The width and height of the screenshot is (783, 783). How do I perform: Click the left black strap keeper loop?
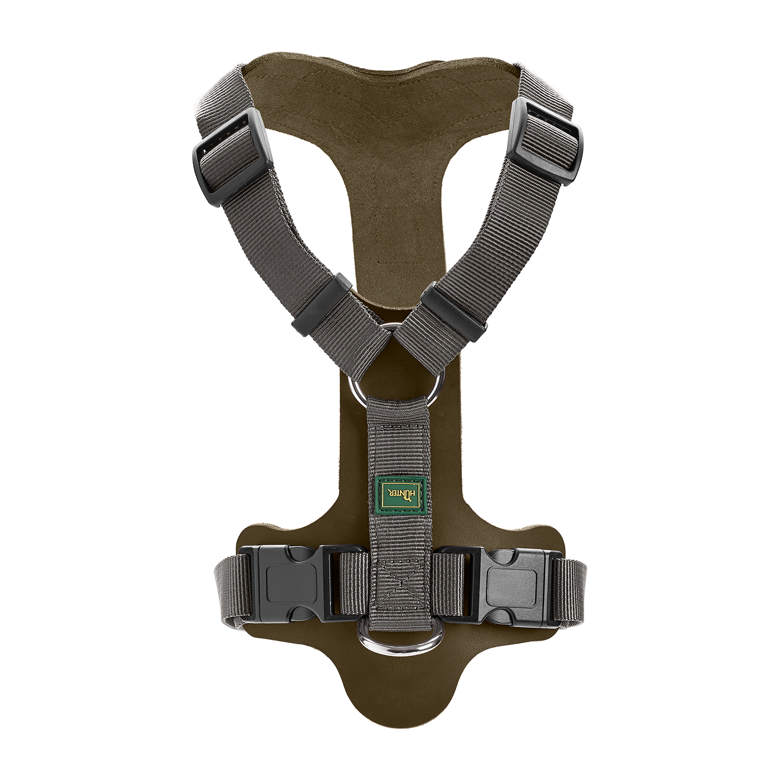tap(319, 303)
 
